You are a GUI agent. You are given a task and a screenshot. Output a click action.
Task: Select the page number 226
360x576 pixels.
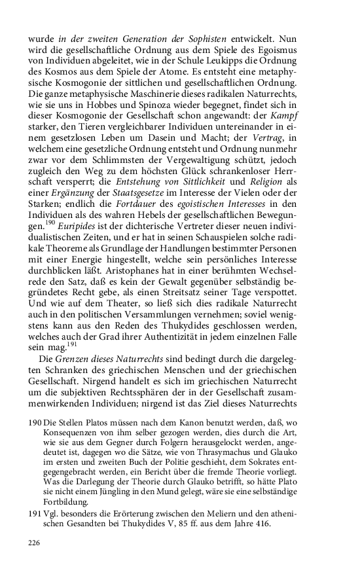point(35,543)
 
